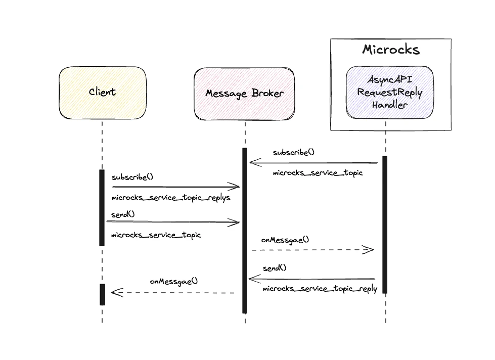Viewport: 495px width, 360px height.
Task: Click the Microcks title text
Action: (x=390, y=50)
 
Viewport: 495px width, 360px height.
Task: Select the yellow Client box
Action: (x=102, y=93)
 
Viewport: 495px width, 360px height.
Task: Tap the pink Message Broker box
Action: (x=245, y=94)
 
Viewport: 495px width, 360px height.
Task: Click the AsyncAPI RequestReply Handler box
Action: (x=389, y=93)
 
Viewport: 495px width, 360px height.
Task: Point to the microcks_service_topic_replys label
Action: (x=171, y=198)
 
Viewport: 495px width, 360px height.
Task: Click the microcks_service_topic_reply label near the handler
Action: (x=320, y=289)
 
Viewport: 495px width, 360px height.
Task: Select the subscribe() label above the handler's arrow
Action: (x=293, y=152)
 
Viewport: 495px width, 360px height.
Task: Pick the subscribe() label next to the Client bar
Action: (x=132, y=177)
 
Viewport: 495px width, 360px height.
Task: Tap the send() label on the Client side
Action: (x=123, y=214)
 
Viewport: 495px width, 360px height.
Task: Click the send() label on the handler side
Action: (x=275, y=268)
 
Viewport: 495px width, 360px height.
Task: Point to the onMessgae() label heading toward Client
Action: (x=174, y=282)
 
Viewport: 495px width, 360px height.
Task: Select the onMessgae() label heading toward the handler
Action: (x=285, y=240)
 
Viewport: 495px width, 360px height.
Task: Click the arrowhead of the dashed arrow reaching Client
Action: (x=116, y=292)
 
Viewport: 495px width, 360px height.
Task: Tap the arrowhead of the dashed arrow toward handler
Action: (x=369, y=249)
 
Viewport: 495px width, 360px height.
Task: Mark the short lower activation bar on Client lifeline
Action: (x=102, y=294)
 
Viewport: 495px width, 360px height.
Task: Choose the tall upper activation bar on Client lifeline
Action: (x=102, y=207)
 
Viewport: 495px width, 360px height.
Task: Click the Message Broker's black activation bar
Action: (x=245, y=230)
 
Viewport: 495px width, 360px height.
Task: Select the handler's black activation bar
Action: (x=385, y=224)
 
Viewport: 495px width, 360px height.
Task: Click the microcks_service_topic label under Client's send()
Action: (x=156, y=235)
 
